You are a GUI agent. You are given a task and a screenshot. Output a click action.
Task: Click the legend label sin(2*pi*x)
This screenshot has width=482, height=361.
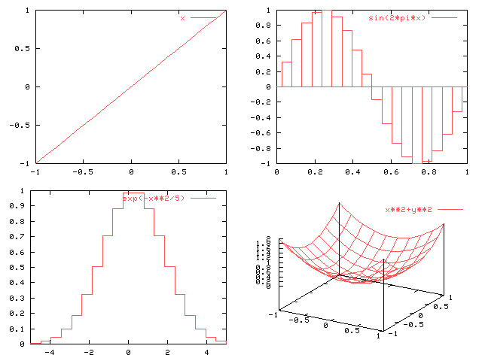pos(396,17)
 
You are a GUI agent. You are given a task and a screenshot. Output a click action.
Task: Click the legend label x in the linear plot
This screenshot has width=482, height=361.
pos(182,17)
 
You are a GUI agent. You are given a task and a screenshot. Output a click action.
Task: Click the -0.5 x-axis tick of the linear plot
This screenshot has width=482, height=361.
pos(82,171)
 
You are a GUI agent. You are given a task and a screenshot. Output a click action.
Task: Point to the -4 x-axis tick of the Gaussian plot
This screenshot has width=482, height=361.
pos(50,352)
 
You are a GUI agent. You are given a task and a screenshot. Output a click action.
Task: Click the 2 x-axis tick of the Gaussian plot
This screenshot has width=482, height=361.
pos(168,352)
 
